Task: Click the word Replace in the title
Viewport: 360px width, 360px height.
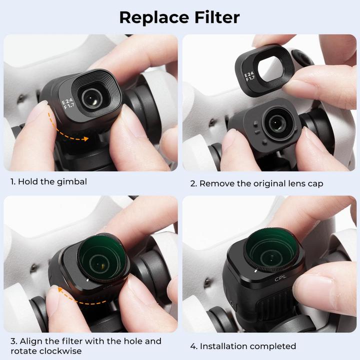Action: (153, 17)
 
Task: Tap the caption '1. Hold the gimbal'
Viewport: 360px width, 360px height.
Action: (48, 181)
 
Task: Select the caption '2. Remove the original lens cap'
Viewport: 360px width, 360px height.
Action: (256, 183)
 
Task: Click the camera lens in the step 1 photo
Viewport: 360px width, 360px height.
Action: (91, 98)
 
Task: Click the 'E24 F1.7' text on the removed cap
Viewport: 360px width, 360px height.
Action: (249, 77)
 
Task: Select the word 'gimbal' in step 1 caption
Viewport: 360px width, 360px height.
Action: (72, 181)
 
